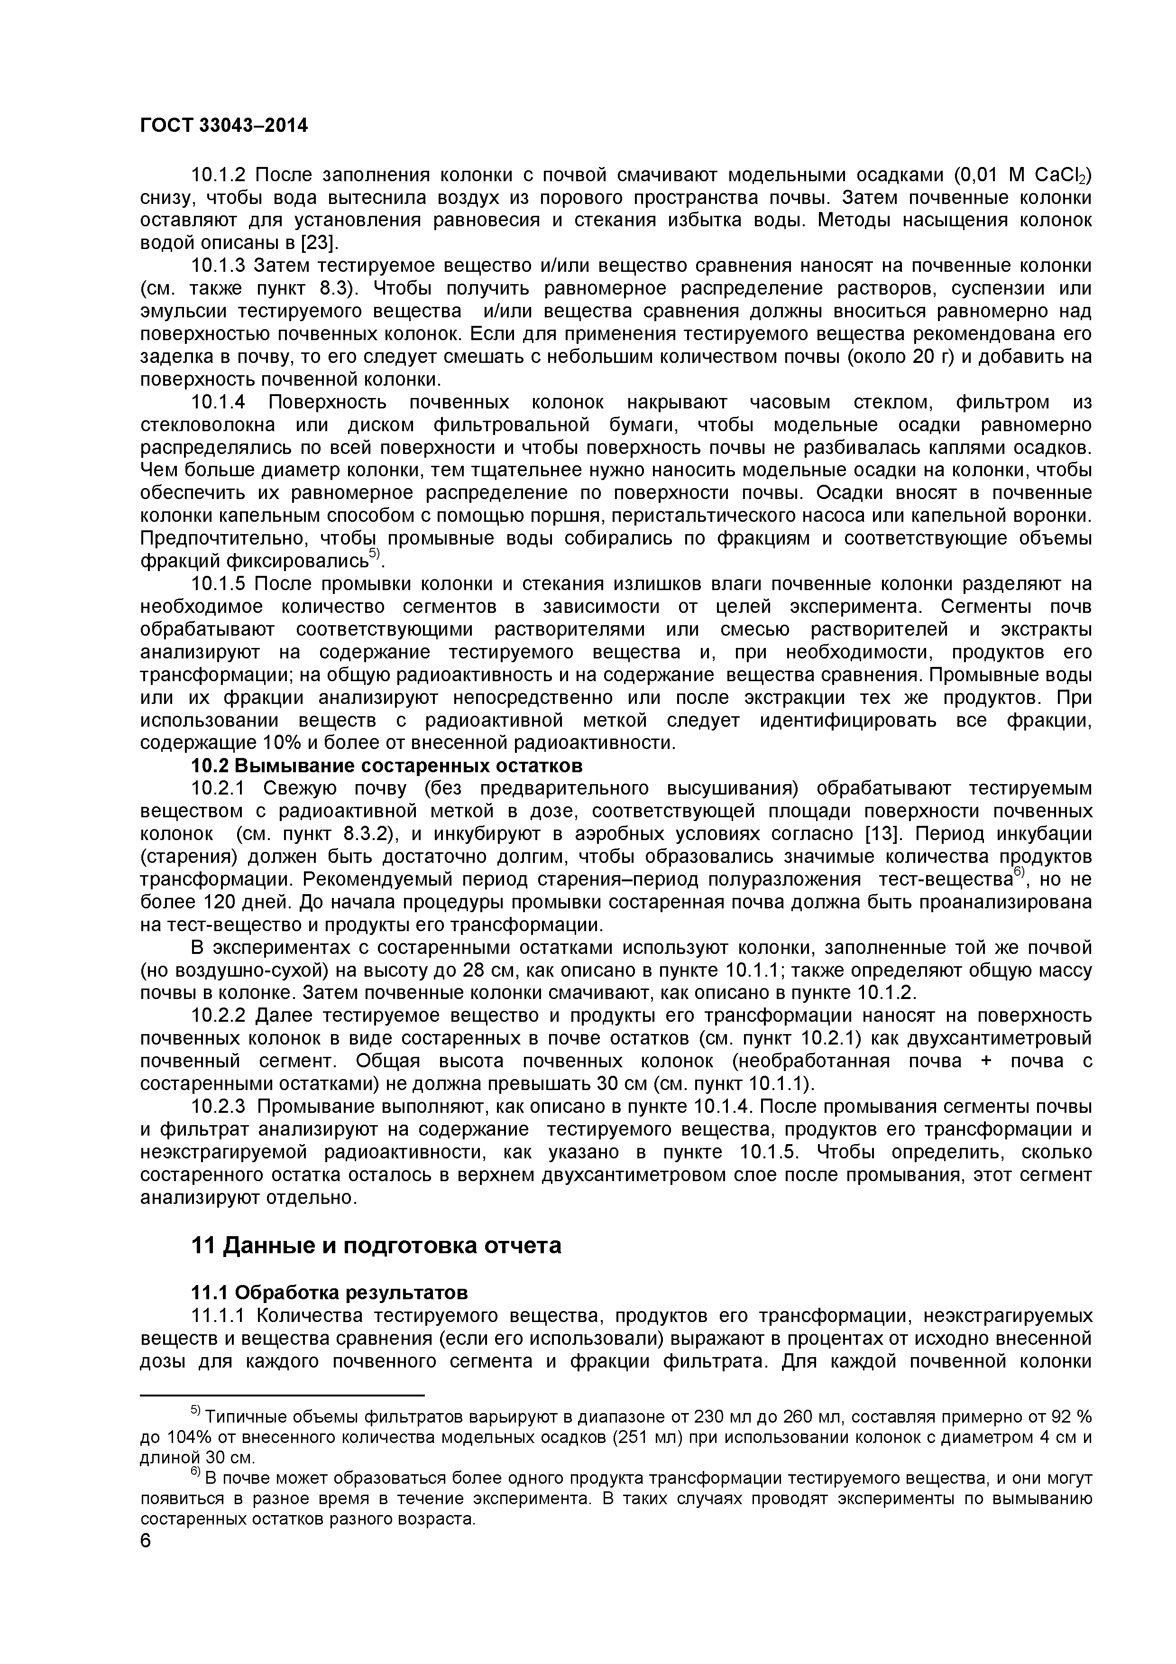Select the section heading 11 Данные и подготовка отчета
tap(376, 1246)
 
